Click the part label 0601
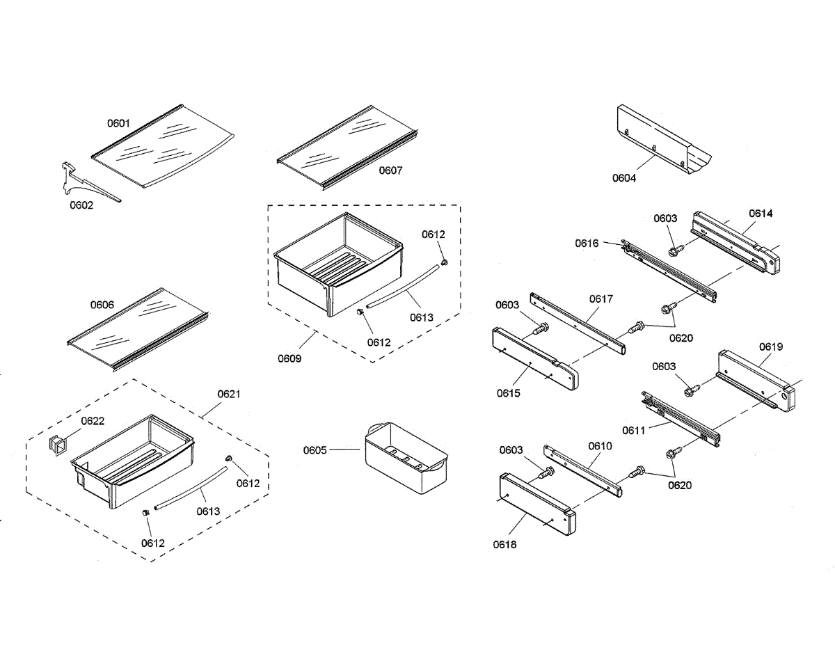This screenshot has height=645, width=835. click(x=118, y=123)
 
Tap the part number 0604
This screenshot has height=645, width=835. click(x=624, y=177)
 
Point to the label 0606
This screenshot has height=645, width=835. click(x=102, y=305)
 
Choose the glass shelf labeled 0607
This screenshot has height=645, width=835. click(x=344, y=149)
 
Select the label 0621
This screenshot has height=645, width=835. click(x=228, y=394)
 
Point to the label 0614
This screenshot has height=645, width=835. click(x=761, y=214)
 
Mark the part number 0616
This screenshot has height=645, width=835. click(x=587, y=243)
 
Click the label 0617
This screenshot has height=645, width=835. click(x=601, y=299)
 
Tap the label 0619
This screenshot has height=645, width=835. click(x=771, y=346)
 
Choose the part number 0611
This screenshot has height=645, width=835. click(x=634, y=430)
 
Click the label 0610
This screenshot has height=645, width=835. click(x=600, y=446)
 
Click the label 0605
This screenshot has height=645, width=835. click(x=315, y=450)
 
